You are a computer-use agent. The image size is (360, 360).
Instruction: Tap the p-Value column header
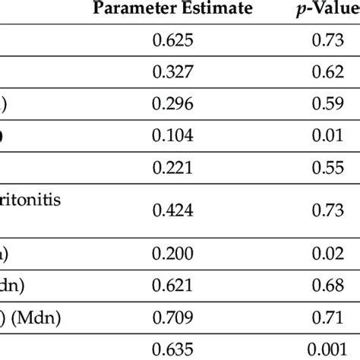point(326,9)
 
